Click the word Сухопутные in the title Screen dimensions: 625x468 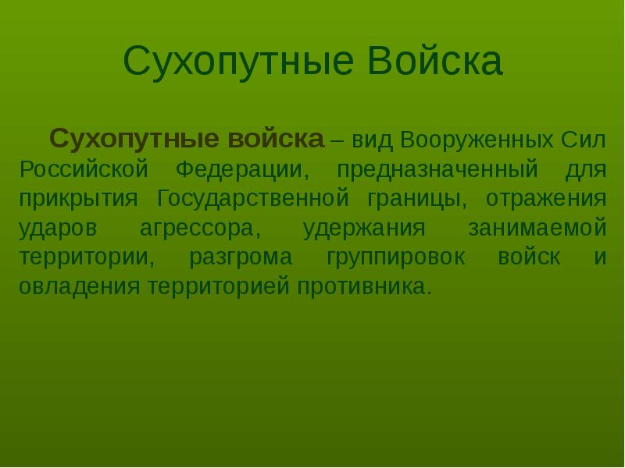[x=238, y=62]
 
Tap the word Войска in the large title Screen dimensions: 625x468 [x=434, y=60]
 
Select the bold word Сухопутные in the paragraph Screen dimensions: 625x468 [x=134, y=140]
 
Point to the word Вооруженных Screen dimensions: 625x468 [x=477, y=140]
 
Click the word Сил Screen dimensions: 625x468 [x=584, y=140]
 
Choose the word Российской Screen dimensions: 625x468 [x=84, y=168]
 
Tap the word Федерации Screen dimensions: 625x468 [x=242, y=169]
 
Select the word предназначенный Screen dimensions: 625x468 [x=437, y=169]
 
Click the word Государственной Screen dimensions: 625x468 [x=253, y=198]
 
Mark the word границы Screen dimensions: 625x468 [x=416, y=199]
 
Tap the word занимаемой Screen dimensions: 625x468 [x=537, y=227]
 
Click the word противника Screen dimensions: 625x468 [x=364, y=286]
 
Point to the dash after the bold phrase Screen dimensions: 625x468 [x=337, y=141]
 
